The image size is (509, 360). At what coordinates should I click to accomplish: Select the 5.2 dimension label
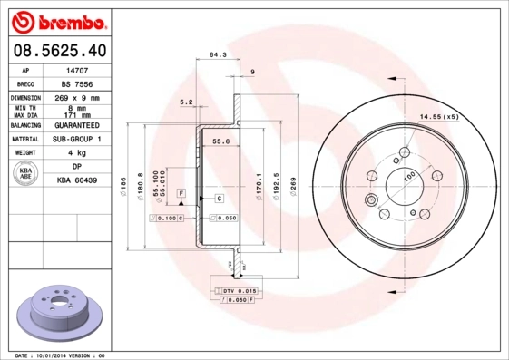[x=187, y=102]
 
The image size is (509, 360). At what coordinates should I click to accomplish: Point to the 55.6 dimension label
[x=220, y=141]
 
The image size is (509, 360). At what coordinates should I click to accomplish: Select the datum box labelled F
[x=181, y=194]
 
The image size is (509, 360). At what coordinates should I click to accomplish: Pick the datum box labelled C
[x=220, y=197]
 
